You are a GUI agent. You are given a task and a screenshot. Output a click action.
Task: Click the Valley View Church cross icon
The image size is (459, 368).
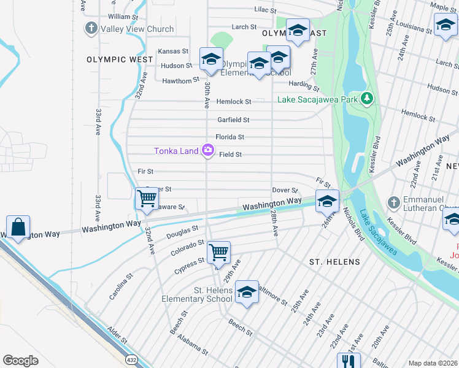(x=91, y=29)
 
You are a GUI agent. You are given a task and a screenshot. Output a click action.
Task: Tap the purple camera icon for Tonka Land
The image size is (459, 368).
(x=208, y=150)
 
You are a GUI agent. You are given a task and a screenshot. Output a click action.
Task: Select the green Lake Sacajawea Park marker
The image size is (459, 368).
(x=367, y=99)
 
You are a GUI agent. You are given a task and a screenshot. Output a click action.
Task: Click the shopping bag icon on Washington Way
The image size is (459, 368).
(x=19, y=226)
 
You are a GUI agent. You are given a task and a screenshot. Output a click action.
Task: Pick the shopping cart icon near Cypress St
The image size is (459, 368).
(x=219, y=251)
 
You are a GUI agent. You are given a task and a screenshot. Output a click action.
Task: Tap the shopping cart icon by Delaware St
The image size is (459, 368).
(x=147, y=199)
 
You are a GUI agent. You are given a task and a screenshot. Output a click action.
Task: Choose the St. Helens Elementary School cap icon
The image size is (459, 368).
(x=247, y=292)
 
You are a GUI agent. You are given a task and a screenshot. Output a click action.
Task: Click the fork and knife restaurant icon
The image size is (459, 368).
(x=348, y=361)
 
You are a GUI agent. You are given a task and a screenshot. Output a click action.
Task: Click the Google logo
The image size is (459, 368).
(x=20, y=361)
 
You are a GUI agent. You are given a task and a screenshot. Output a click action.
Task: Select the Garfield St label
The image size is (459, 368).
(x=233, y=120)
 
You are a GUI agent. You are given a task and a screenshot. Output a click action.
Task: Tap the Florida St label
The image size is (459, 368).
(x=229, y=137)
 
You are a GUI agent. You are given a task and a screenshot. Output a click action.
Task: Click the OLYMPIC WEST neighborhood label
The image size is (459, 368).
(x=120, y=60)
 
